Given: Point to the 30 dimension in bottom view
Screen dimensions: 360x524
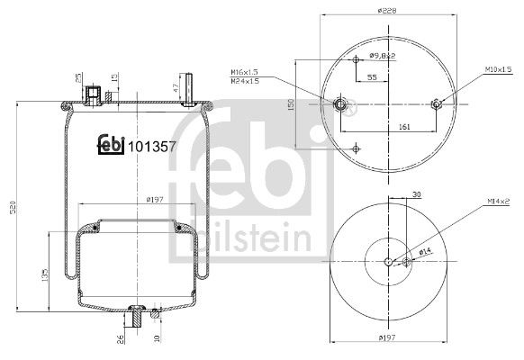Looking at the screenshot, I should (416, 193).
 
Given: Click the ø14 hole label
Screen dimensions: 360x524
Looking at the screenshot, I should (423, 252).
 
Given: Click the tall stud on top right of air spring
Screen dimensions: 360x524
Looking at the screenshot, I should (192, 83).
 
